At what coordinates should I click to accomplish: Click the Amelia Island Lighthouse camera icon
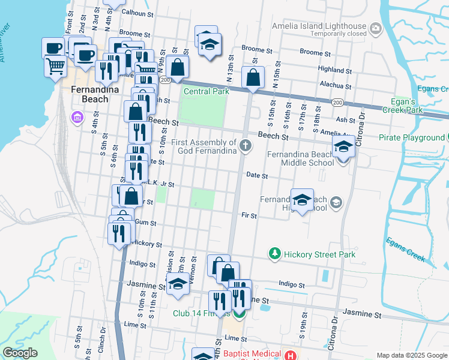376,27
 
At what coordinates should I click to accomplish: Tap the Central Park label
206,92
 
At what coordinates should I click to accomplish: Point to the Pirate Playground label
411,137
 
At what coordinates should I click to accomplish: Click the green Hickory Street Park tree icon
274,254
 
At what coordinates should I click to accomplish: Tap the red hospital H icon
291,355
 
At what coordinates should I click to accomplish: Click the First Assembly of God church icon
245,146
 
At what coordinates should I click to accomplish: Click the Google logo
20,353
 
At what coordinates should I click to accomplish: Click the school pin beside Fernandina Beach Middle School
343,146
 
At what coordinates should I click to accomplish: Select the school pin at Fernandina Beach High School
302,200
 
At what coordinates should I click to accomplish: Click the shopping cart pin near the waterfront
55,65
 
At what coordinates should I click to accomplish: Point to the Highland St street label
334,69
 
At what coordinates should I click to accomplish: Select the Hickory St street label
147,244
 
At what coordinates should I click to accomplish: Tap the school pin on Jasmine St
178,285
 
